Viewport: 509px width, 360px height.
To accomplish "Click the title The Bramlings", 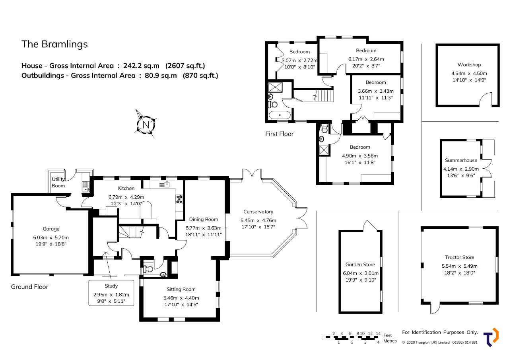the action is coord(54,44).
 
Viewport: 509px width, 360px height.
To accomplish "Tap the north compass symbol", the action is coord(146,124).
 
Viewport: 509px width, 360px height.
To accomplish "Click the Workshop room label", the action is coord(469,65).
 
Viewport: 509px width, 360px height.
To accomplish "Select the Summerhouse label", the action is coord(461,160).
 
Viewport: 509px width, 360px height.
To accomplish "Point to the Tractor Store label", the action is coord(459,257).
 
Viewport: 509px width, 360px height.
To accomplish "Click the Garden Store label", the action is coord(360,264).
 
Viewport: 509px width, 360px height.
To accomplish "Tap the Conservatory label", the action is coord(258,212).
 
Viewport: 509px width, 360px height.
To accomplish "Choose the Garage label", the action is coord(51,229).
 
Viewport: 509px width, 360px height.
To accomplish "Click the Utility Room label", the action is coord(58,183).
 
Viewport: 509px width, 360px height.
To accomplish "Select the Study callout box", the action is coord(111,293).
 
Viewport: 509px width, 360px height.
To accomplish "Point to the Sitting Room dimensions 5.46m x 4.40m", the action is coord(181,298).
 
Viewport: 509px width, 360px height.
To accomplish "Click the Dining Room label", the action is coord(204,219).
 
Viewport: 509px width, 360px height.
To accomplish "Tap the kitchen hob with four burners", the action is coord(179,199).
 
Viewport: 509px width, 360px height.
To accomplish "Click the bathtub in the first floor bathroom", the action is coord(280,115).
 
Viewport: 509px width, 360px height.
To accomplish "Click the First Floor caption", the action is coord(279,134).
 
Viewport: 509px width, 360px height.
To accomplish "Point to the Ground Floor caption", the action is coord(29,287).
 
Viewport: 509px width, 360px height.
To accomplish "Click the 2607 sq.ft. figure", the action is coord(185,66).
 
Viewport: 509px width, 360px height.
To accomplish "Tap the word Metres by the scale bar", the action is coord(390,341).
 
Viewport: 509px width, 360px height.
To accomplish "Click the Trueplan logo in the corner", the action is coord(491,337).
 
